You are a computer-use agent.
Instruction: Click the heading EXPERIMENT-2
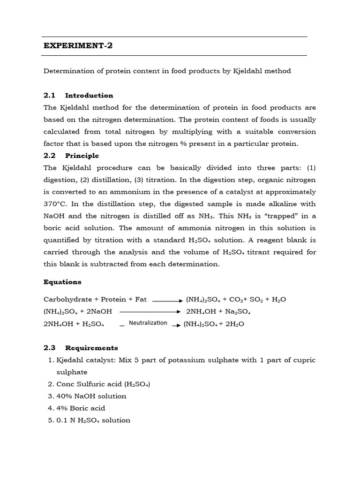[78, 46]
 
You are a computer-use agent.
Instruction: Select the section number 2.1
[50, 96]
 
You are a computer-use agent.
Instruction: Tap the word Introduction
[89, 96]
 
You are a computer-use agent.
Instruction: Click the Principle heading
[82, 156]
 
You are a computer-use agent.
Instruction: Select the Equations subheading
[62, 282]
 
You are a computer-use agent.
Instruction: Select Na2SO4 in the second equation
[239, 312]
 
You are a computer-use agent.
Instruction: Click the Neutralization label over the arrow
[148, 323]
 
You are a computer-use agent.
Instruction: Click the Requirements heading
[91, 348]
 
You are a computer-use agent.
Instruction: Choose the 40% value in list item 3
[64, 396]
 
